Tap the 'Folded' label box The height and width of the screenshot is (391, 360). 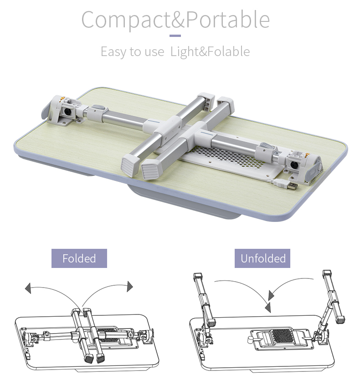coord(79,258)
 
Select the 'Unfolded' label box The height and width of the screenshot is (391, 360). coord(262,258)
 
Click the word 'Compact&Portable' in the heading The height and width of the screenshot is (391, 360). coord(175,20)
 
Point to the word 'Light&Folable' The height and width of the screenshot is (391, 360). coord(210,51)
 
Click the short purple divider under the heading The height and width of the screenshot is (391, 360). coord(175,36)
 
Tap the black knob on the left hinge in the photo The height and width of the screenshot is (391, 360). coord(67,112)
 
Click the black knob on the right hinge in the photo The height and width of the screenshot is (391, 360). coord(294,165)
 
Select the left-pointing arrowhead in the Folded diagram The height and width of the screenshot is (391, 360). coord(28,288)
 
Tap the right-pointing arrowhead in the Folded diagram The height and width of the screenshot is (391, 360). coord(130,286)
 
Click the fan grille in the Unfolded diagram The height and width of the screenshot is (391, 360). coord(282,336)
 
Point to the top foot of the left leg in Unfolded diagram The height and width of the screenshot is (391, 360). coord(198,276)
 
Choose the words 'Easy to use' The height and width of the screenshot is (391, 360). coord(133,51)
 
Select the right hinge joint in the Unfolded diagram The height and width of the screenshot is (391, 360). coord(320,337)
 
